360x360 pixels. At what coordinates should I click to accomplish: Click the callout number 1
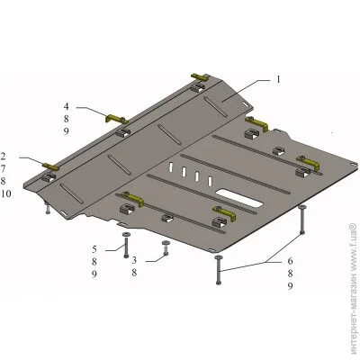(278, 80)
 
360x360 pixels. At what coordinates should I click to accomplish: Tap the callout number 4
(66, 106)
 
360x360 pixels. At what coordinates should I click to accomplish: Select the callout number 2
(3, 156)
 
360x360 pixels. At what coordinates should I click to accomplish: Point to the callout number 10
(5, 193)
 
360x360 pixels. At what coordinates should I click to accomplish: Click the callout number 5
(94, 249)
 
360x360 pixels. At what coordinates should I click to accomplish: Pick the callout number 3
(134, 260)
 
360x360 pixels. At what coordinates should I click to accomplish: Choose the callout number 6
(290, 261)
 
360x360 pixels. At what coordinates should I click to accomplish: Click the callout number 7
(3, 168)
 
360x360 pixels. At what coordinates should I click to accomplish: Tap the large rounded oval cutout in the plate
(239, 199)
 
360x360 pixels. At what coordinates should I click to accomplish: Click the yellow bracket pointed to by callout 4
(115, 119)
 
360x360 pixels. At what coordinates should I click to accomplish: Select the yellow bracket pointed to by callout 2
(51, 166)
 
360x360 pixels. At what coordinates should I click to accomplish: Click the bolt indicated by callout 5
(126, 245)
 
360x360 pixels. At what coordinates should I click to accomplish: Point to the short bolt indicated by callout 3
(166, 248)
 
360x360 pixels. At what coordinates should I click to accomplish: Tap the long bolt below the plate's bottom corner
(218, 269)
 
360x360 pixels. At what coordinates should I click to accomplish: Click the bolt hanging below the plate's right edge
(301, 220)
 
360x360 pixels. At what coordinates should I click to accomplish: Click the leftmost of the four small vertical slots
(170, 167)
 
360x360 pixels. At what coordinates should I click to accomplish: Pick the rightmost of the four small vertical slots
(211, 181)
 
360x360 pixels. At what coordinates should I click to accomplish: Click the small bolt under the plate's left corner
(48, 208)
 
